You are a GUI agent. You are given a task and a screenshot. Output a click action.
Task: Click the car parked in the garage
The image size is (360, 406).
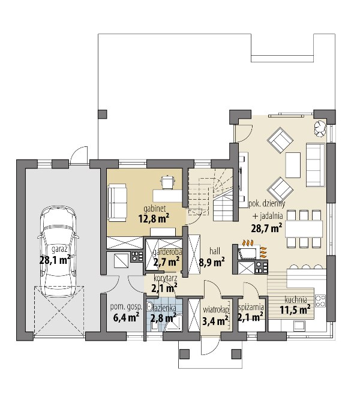[x=59, y=251]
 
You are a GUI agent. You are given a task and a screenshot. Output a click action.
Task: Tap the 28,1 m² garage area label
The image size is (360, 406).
[x=55, y=260]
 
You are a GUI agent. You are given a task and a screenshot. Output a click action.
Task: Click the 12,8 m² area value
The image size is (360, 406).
[x=154, y=219]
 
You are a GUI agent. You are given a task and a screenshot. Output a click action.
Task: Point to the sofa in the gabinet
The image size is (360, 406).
[x=118, y=203]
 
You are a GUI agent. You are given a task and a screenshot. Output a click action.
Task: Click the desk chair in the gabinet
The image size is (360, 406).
[x=168, y=181]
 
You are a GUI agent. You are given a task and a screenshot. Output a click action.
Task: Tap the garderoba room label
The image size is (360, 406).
[x=167, y=252]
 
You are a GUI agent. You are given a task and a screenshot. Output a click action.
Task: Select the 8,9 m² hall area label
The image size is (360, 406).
[x=212, y=262]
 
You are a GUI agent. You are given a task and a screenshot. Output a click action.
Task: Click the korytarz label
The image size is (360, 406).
[x=166, y=278]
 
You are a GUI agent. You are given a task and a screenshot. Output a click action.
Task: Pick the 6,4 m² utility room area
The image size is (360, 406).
[x=126, y=317]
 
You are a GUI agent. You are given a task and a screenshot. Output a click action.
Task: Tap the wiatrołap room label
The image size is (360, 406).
[x=216, y=310]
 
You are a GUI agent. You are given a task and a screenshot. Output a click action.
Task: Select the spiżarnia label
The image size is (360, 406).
[x=251, y=307]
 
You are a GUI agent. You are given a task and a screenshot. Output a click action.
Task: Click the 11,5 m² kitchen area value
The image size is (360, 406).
[x=295, y=309]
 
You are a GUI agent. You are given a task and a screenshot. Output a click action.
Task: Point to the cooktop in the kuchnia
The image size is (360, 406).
[x=320, y=301]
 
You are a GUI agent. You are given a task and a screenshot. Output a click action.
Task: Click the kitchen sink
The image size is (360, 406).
[x=299, y=326]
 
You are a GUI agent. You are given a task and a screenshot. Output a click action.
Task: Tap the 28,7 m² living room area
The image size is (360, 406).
[x=266, y=228]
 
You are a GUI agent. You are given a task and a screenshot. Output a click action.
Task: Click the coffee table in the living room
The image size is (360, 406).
[x=293, y=165]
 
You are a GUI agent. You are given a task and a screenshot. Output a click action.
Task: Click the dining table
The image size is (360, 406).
[x=304, y=229]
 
